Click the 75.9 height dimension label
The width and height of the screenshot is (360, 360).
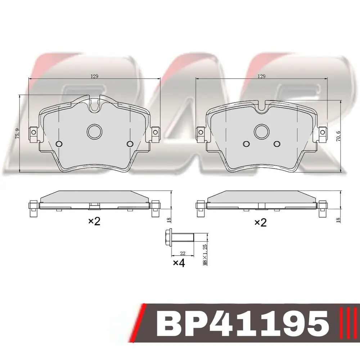pos(17,134)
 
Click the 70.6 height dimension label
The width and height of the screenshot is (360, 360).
pos(338,136)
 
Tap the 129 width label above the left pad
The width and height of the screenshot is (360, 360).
pos(94,76)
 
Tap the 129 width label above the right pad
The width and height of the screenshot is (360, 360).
pos(261,76)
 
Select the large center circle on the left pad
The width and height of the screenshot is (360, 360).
pos(94,131)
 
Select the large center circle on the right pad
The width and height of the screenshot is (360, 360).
pos(261,131)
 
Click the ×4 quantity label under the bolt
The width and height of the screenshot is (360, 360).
pos(179,263)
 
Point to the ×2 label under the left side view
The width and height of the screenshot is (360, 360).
pos(94,221)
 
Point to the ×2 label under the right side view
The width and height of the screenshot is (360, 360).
pos(261,222)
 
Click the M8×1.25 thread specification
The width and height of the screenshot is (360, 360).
pos(205,255)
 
